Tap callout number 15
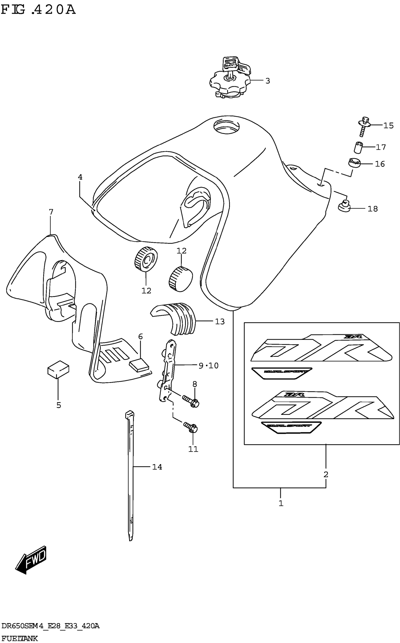click(388, 126)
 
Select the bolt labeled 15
click(364, 126)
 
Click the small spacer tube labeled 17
click(358, 147)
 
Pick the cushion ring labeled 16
click(354, 162)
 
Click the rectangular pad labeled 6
click(139, 365)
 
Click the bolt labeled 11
click(191, 427)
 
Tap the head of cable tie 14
click(129, 414)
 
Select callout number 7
click(51, 212)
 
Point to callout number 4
click(80, 177)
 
